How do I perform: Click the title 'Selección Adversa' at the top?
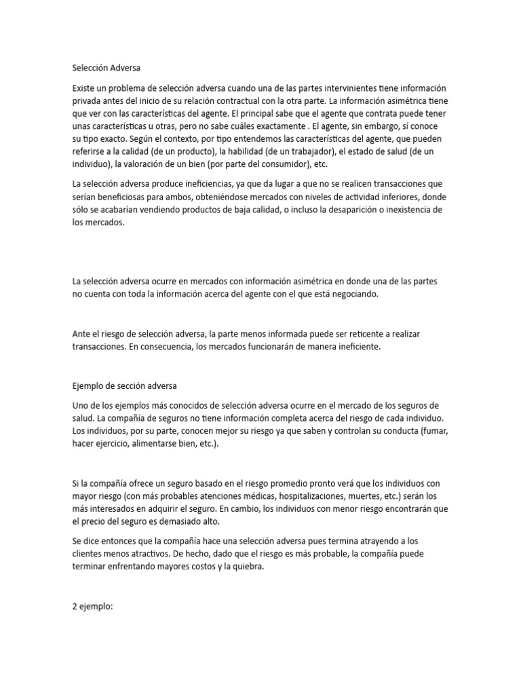pyautogui.click(x=107, y=68)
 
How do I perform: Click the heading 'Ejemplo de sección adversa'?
pyautogui.click(x=124, y=386)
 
